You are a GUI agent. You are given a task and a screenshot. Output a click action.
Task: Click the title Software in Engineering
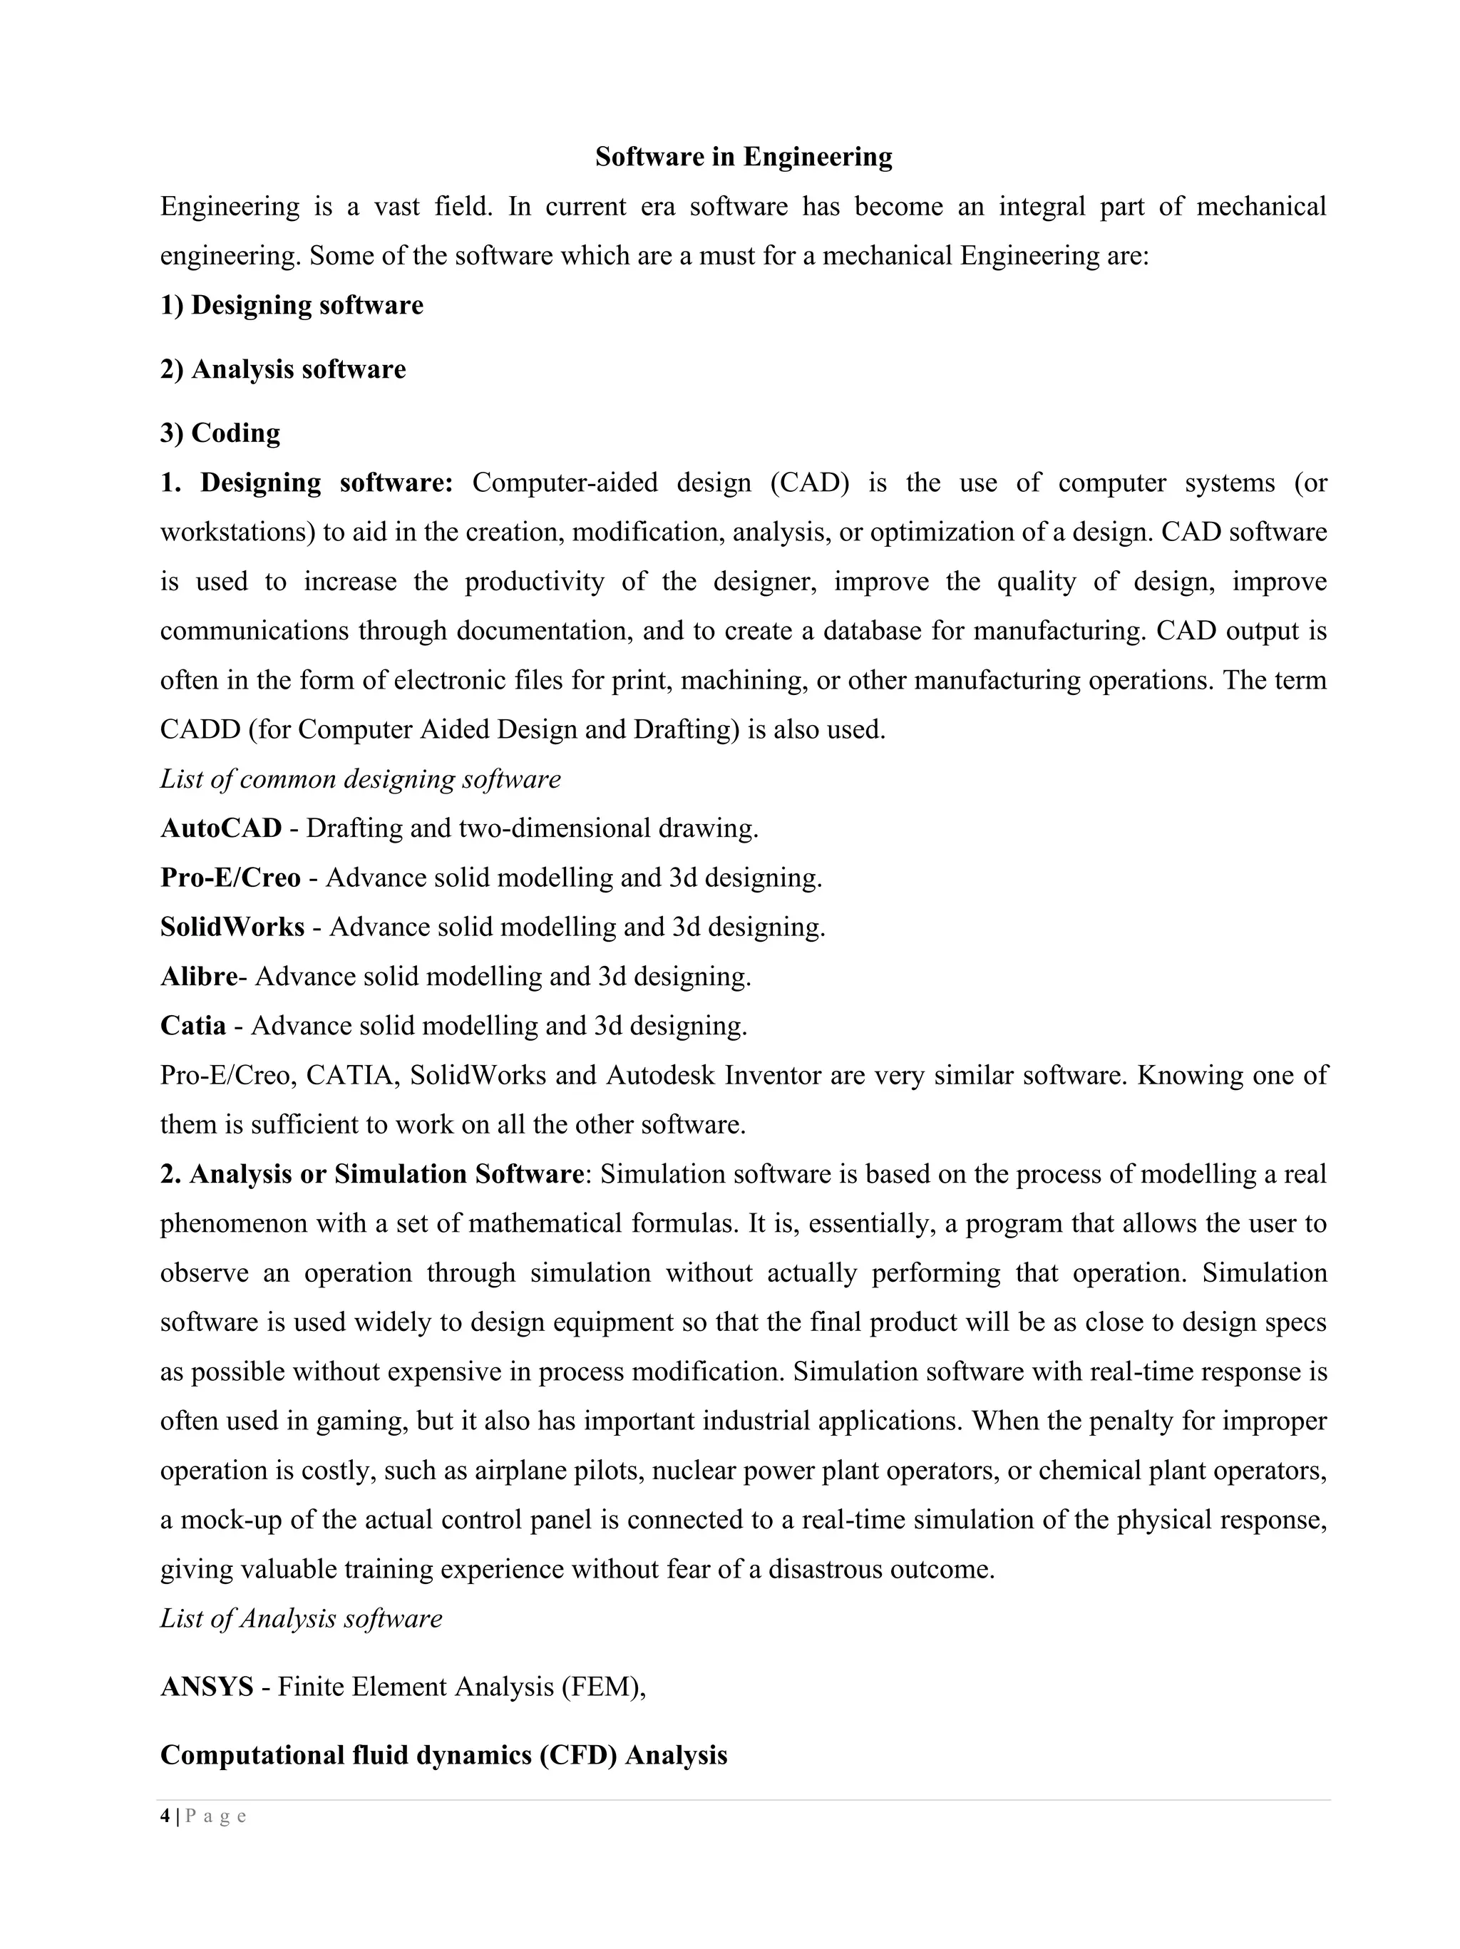point(744,157)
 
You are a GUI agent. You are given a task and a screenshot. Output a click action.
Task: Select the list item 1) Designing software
point(292,305)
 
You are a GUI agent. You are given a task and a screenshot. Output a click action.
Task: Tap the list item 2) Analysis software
point(283,369)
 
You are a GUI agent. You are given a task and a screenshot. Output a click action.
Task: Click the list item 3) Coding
point(220,433)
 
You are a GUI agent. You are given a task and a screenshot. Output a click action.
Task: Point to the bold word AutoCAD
point(221,828)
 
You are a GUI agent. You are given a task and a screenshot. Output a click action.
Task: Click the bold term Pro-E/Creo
point(231,878)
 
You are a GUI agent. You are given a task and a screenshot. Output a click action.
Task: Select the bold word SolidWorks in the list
point(232,927)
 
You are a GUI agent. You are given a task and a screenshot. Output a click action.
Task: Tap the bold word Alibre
point(199,976)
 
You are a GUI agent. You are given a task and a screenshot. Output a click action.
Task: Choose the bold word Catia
point(193,1026)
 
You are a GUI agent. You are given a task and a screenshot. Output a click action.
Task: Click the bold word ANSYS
point(207,1687)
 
